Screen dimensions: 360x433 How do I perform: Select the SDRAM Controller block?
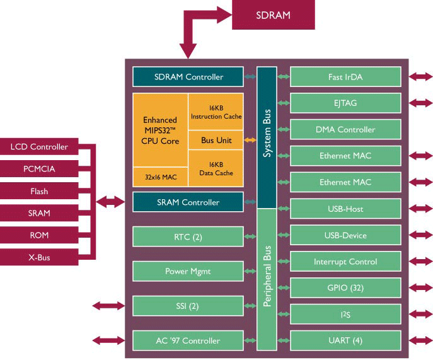coord(188,77)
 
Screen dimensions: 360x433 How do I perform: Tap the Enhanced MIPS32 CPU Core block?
coord(160,130)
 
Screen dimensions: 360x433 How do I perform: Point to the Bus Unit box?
coord(215,139)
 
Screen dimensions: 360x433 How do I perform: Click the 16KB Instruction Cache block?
coord(215,112)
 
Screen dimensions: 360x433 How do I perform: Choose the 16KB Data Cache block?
coord(215,168)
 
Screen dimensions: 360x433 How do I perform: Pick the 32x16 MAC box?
coord(160,177)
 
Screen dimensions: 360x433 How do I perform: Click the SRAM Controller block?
coord(188,202)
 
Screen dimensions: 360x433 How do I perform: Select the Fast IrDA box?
coord(345,77)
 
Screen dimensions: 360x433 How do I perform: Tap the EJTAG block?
coord(345,103)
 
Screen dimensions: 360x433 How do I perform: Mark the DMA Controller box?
coord(345,129)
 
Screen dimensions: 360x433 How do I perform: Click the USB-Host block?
coord(345,209)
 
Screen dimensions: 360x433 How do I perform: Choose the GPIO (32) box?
coord(345,287)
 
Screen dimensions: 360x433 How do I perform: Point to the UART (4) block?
coord(345,340)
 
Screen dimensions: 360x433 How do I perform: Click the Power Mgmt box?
coord(188,271)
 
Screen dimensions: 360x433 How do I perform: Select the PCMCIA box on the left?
coord(38,169)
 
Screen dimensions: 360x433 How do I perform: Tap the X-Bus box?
coord(38,257)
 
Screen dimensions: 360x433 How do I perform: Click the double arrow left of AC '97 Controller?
coord(108,340)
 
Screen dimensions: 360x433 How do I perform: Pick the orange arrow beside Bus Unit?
coord(250,139)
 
